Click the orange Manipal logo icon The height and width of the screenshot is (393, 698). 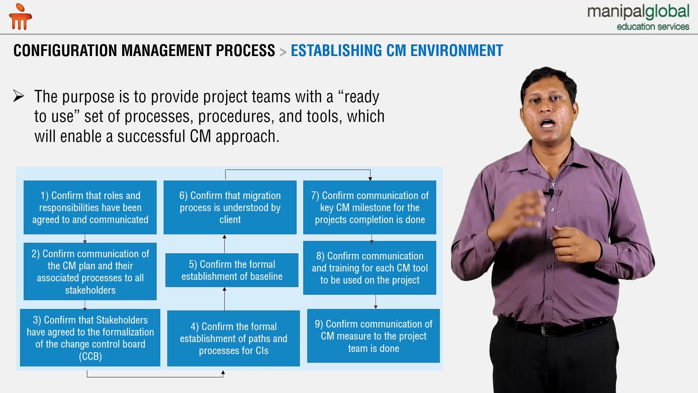(20, 17)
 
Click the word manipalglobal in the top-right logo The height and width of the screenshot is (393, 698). (638, 12)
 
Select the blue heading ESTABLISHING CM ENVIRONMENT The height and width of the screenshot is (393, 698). (397, 51)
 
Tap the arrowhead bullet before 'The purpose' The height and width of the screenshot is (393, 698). (19, 96)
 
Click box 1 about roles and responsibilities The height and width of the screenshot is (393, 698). (90, 207)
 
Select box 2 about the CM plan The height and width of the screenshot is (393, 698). (90, 271)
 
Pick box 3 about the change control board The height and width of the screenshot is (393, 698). (90, 338)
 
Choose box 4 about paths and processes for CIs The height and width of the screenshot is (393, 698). (233, 338)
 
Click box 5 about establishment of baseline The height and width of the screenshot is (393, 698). (232, 270)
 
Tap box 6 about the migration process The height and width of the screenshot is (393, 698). (230, 207)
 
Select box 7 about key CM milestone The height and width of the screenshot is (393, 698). (370, 207)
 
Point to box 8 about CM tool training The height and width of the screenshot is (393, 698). (370, 268)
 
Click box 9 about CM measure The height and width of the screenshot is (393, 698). (373, 336)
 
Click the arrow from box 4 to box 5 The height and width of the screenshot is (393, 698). (225, 299)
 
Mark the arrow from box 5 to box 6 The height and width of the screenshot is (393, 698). (225, 244)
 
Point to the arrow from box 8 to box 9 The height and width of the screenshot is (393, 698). (376, 302)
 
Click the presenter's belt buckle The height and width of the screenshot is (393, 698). (546, 330)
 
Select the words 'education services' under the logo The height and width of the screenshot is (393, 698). (653, 27)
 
